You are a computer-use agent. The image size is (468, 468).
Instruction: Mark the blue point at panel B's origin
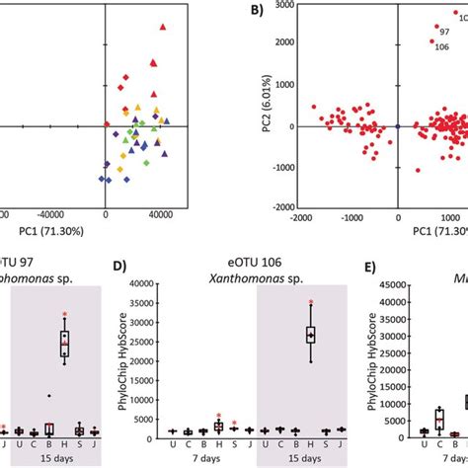(x=397, y=126)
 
